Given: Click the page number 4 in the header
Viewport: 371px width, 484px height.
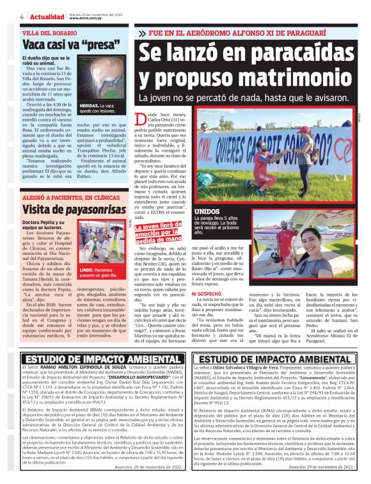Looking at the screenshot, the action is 4,17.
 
